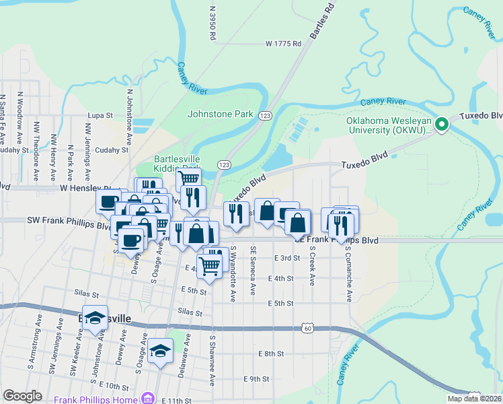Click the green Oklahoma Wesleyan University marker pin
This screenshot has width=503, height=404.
click(x=442, y=124)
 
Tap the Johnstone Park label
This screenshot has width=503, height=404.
click(x=220, y=114)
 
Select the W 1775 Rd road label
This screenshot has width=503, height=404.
click(x=284, y=44)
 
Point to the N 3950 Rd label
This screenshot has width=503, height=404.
click(x=212, y=23)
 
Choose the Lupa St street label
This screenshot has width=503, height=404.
click(x=100, y=116)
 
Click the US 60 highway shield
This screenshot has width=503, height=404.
click(x=307, y=328)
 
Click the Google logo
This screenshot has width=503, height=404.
click(x=23, y=396)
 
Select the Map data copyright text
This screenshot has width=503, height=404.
click(x=473, y=398)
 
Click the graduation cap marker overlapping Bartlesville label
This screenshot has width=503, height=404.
click(x=95, y=319)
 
